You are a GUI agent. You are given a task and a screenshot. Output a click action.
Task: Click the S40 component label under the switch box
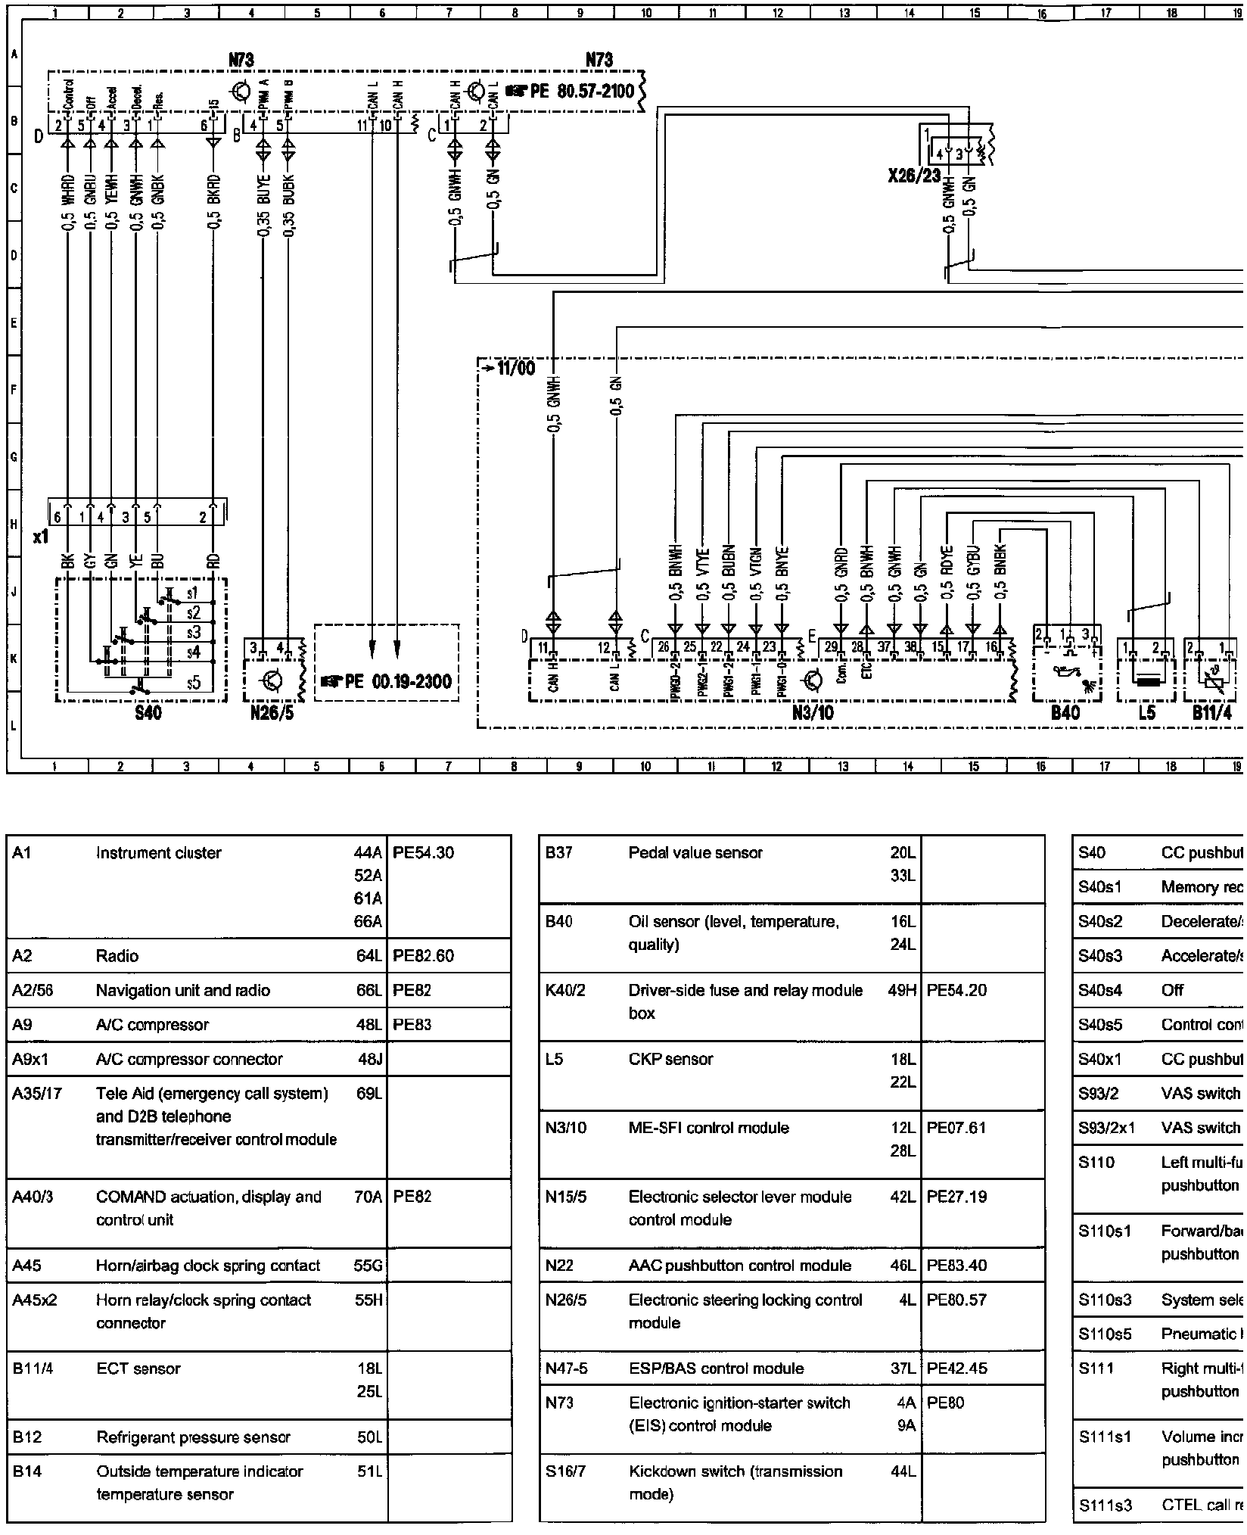coord(148,712)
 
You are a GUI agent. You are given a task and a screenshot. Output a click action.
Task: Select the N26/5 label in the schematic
coord(272,713)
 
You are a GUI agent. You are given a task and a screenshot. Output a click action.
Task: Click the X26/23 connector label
coord(914,176)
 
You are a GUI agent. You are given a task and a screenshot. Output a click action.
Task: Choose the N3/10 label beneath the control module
coord(813,712)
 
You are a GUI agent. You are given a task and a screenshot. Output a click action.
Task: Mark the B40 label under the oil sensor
coord(1065,712)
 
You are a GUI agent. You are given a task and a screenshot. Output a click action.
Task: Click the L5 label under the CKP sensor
coord(1146,712)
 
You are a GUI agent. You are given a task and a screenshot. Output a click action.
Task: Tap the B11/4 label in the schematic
coord(1212,712)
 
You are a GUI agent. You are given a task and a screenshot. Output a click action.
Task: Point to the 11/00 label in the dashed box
coord(516,369)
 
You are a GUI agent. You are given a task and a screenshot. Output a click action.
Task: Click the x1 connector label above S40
coord(41,537)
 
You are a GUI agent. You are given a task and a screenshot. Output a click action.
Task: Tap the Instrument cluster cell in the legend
coord(158,852)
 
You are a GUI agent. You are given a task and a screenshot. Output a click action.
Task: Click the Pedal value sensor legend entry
coord(695,852)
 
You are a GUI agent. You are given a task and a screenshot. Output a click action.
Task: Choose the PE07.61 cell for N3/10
coord(956,1127)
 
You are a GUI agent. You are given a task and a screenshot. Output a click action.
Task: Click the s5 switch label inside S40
coord(194,683)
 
